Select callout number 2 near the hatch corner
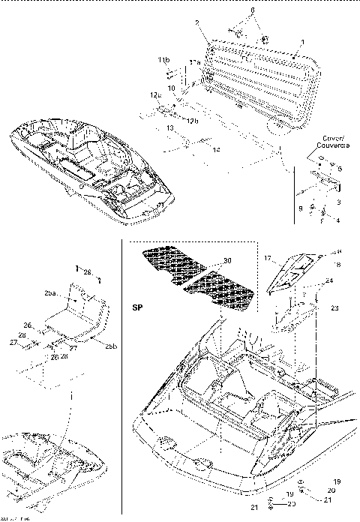click(197, 24)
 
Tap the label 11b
click(163, 58)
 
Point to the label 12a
click(155, 95)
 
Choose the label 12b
click(193, 121)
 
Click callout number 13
click(170, 129)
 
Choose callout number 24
click(328, 281)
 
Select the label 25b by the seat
click(109, 346)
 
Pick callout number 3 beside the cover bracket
click(339, 202)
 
